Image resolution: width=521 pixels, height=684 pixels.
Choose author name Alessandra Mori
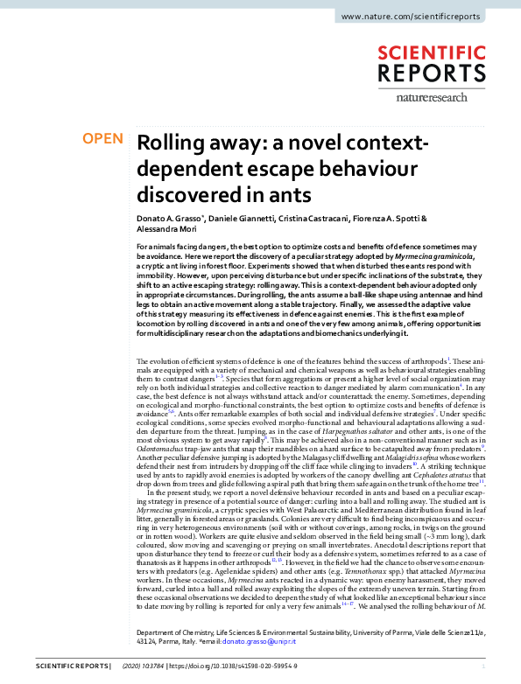tap(165, 229)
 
